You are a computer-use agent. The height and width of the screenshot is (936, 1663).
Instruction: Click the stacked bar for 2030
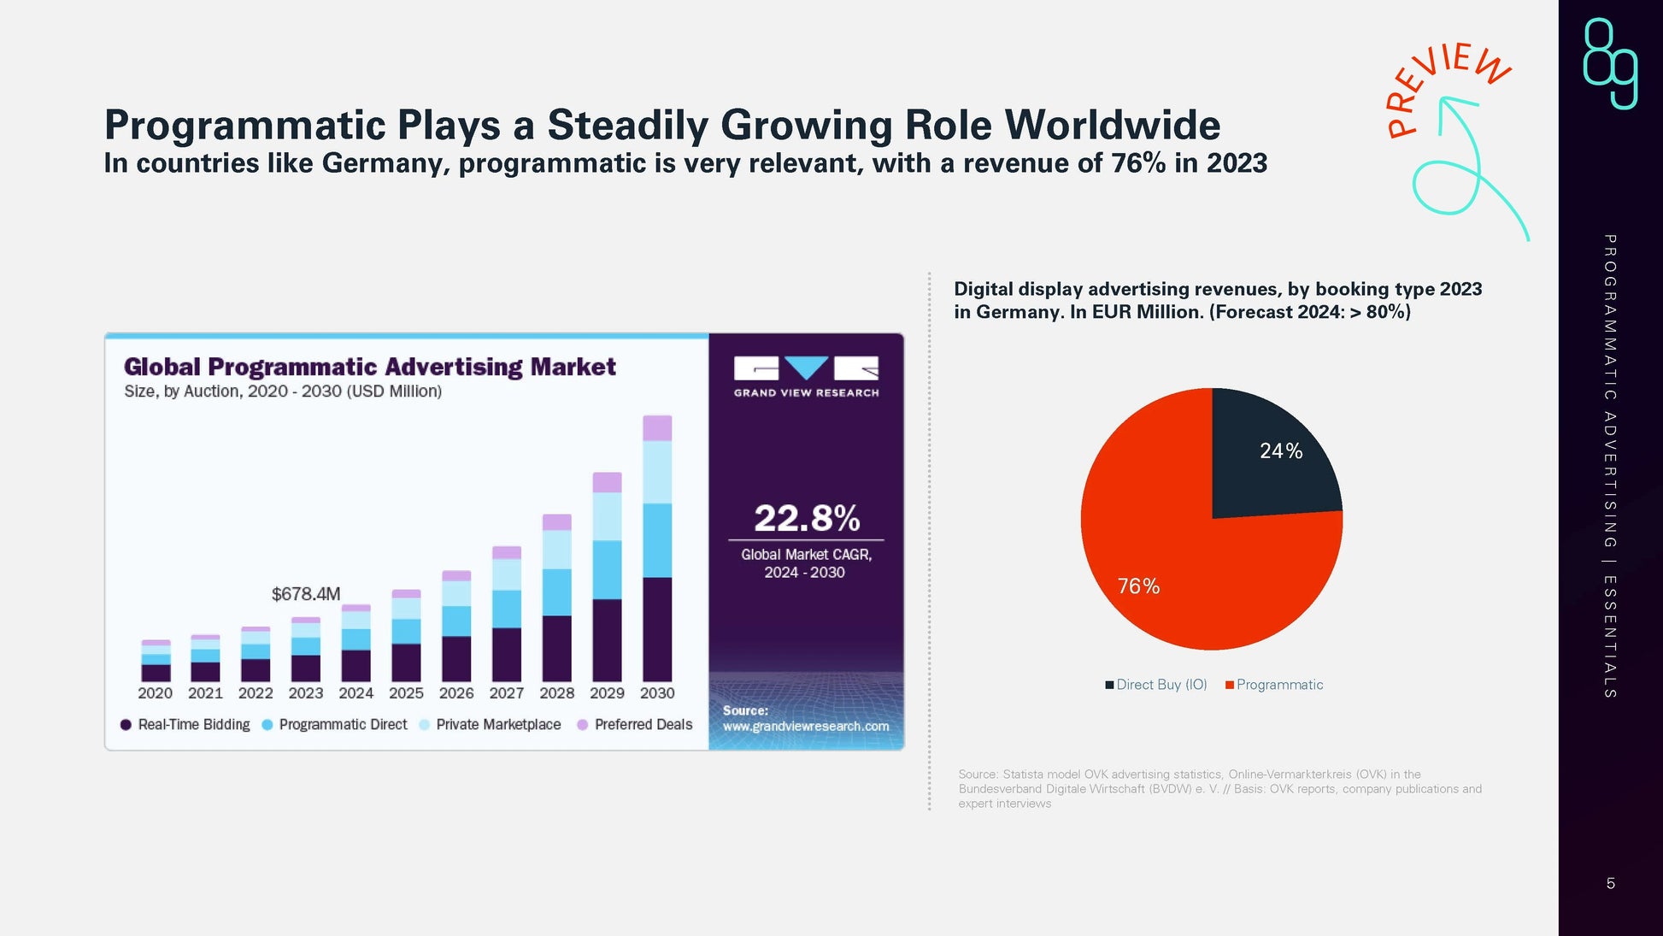click(x=657, y=547)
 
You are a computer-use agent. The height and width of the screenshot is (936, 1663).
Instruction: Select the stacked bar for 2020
click(x=156, y=661)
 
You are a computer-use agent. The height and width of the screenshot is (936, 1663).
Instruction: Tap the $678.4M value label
click(x=306, y=594)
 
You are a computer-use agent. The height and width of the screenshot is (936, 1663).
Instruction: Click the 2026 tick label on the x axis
click(x=456, y=693)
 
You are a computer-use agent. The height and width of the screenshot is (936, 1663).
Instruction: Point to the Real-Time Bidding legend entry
click(x=185, y=725)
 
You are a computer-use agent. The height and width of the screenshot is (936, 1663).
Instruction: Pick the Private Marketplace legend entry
click(x=491, y=725)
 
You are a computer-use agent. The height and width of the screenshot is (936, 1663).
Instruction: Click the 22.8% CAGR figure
click(x=806, y=518)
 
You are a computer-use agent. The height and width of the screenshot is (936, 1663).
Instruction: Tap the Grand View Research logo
click(x=806, y=377)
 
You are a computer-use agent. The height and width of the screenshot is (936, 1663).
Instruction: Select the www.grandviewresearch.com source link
click(x=806, y=727)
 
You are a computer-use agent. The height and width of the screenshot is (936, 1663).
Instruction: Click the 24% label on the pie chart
click(x=1281, y=451)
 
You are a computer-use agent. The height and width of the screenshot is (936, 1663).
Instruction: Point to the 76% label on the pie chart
click(x=1138, y=586)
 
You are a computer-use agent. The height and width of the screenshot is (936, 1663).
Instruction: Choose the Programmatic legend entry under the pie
click(x=1274, y=685)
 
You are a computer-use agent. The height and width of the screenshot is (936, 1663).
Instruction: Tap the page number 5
click(x=1610, y=884)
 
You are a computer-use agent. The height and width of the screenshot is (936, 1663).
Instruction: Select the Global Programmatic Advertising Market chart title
click(x=369, y=367)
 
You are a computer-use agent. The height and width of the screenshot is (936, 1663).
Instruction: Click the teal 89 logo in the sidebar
click(x=1610, y=64)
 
